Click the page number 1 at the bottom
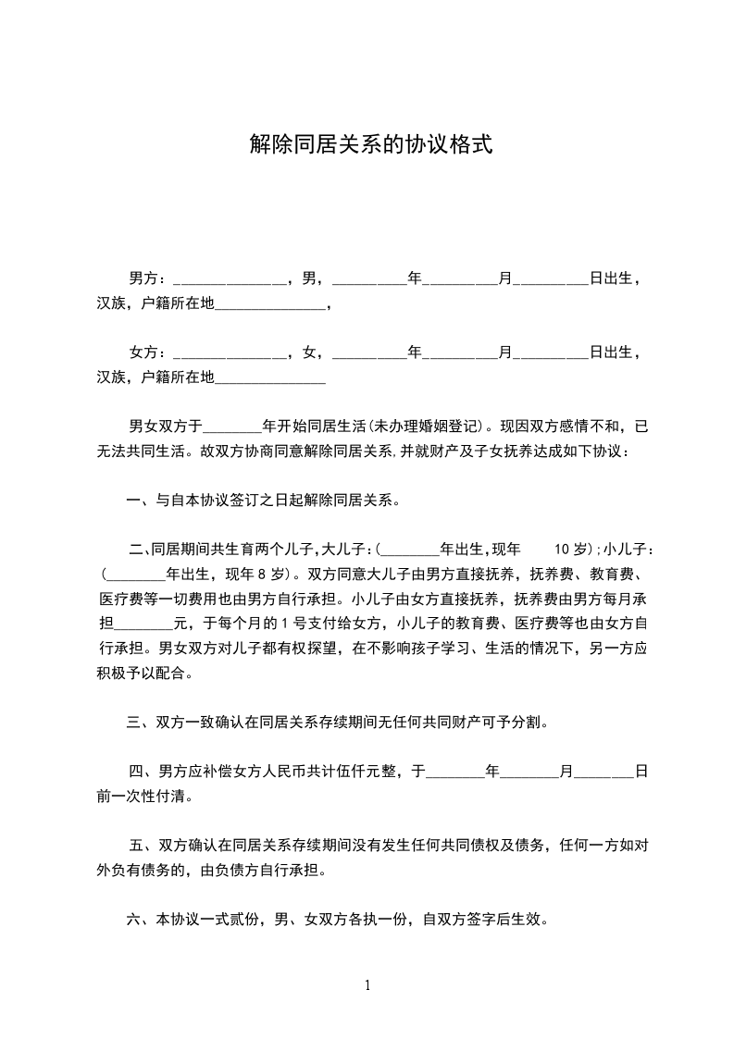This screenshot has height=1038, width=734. (x=367, y=985)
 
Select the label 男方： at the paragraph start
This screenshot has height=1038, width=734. (x=147, y=278)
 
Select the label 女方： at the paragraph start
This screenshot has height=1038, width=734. (x=147, y=353)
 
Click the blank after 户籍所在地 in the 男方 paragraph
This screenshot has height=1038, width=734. (x=270, y=304)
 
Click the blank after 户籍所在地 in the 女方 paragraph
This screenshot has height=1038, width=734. (x=270, y=379)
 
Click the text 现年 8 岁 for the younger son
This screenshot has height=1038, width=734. (x=255, y=575)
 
